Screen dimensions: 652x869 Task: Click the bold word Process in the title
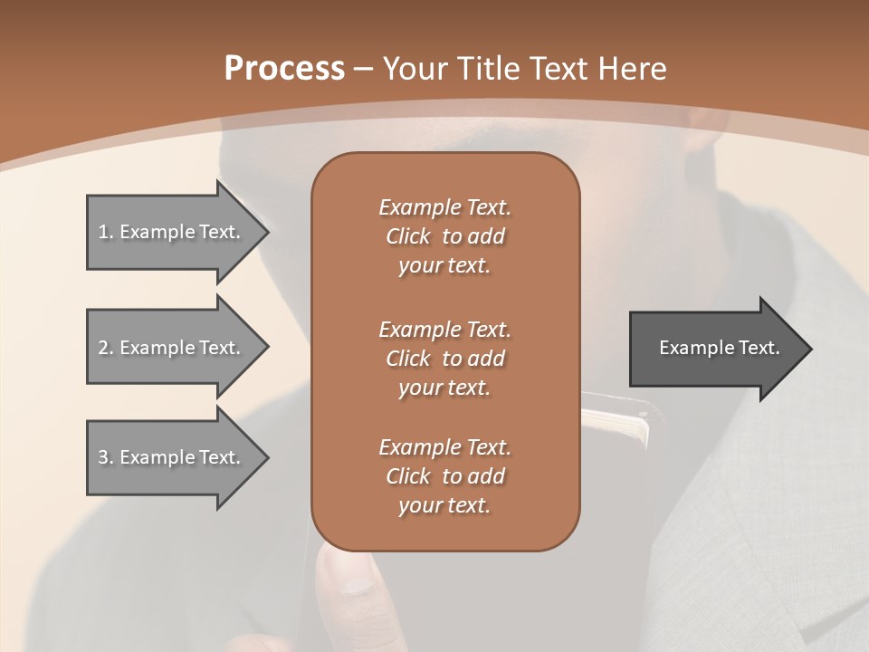[x=284, y=69]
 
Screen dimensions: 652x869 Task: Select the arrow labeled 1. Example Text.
[x=172, y=232]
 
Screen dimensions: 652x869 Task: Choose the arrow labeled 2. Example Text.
[x=172, y=348]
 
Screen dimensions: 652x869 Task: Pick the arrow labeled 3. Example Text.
[x=172, y=457]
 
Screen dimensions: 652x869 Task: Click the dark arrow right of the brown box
[x=715, y=348]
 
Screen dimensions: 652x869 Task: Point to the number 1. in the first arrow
[x=105, y=232]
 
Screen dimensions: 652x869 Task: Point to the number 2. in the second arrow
[x=105, y=348]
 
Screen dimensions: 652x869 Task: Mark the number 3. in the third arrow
[x=105, y=457]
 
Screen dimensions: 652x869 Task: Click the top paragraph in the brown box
[x=444, y=236]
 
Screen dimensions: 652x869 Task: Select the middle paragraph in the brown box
[x=444, y=359]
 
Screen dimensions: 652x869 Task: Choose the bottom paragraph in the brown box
[x=444, y=476]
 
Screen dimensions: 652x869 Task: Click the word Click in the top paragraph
[x=408, y=236]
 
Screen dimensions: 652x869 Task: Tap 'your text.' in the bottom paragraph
[x=444, y=505]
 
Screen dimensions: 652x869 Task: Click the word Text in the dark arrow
[x=759, y=348]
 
